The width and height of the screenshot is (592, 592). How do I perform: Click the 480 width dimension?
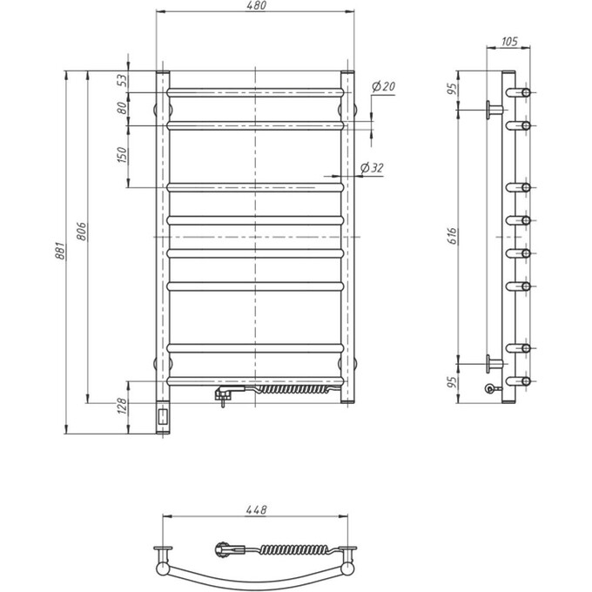(255, 7)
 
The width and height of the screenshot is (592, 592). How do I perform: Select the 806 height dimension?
(81, 232)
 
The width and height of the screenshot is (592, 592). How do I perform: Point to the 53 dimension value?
(122, 79)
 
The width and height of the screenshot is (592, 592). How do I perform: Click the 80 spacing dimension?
(122, 108)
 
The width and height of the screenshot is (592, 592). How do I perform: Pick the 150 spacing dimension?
(122, 155)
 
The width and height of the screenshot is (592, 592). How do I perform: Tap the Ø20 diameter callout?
(382, 86)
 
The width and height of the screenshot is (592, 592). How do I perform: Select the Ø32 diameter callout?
(372, 168)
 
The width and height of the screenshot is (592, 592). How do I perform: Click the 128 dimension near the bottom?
(122, 406)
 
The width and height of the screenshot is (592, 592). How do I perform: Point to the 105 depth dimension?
(511, 42)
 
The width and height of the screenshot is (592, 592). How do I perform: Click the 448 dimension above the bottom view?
(255, 510)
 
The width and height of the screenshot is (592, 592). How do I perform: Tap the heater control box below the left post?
(162, 418)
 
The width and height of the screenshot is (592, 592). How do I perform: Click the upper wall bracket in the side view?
(494, 108)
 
